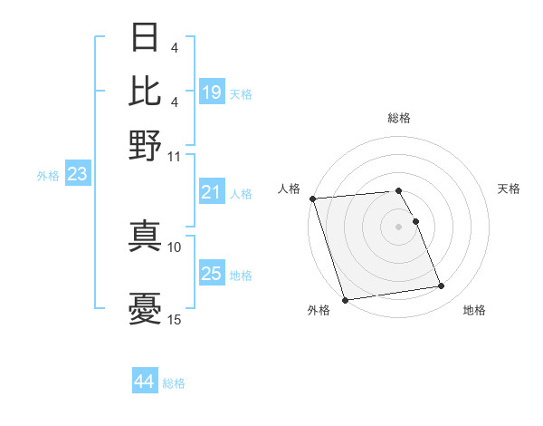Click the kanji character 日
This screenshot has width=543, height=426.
[146, 38]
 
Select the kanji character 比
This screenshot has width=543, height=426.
[146, 91]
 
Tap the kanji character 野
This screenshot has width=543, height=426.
[146, 143]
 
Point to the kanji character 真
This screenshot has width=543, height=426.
[146, 234]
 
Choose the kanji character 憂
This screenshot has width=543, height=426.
[146, 308]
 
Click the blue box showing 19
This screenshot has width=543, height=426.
[212, 92]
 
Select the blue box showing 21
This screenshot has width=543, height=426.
[212, 192]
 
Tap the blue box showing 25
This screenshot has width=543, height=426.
[212, 274]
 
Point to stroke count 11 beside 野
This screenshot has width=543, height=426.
[175, 156]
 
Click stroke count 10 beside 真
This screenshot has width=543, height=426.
[175, 247]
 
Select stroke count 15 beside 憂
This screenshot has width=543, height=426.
[175, 320]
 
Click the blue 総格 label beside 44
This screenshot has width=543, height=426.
[174, 383]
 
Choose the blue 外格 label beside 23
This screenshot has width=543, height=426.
[48, 176]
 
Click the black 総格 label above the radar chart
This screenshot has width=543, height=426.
[399, 118]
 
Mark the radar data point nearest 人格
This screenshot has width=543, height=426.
[312, 198]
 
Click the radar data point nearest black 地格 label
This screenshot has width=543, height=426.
[442, 286]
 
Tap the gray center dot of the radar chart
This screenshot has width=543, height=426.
[399, 227]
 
